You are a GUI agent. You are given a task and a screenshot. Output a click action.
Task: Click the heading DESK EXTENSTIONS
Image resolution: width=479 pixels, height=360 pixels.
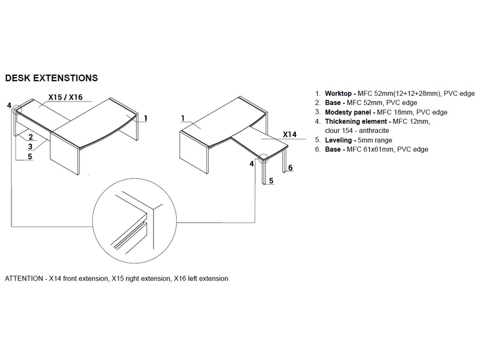point(51,78)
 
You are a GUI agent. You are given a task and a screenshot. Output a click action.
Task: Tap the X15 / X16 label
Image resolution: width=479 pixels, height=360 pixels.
point(66,97)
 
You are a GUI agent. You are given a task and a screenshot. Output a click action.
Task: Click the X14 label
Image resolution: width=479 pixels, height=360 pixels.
point(290,135)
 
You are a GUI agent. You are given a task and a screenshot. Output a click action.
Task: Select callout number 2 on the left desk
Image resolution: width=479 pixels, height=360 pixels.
point(31,136)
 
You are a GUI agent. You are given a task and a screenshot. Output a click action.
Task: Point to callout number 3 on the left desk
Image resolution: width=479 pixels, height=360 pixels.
point(30,147)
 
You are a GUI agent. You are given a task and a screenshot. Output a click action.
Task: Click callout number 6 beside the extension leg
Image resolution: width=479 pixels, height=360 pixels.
point(290,168)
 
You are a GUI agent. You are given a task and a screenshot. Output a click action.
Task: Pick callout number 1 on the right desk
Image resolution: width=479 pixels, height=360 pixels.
point(183,118)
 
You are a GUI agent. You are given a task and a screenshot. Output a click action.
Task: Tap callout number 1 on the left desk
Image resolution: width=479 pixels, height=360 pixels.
point(146,118)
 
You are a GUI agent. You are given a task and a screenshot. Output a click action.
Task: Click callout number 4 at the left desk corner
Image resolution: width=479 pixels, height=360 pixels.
point(9,106)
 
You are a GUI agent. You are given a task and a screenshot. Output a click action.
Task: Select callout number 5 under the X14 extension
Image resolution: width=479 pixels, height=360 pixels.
point(271,181)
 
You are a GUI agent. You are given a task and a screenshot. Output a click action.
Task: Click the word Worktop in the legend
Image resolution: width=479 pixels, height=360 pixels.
point(338,94)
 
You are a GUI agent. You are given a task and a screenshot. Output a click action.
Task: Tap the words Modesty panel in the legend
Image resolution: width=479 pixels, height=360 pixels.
point(348,112)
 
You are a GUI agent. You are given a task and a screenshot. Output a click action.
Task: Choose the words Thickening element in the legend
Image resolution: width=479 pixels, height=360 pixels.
point(356,122)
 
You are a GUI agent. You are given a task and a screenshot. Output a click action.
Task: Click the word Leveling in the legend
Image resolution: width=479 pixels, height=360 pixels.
point(338,140)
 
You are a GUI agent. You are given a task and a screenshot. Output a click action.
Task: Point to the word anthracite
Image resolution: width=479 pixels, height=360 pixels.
point(374,131)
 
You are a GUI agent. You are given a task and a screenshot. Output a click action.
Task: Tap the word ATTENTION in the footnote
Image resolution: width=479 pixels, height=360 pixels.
point(24,278)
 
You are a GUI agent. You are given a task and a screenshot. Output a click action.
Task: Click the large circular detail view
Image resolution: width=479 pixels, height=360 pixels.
point(92,221)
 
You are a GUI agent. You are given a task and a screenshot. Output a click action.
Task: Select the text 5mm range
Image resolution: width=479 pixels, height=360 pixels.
point(375,140)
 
